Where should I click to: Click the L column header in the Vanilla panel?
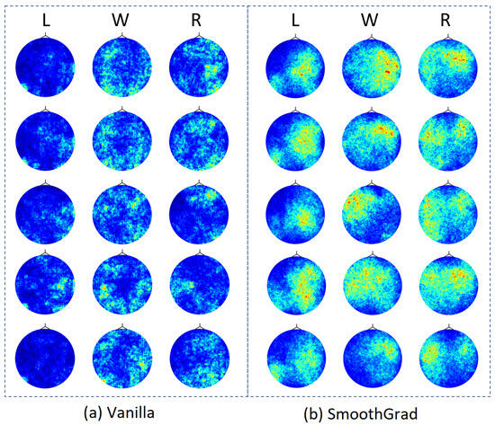coord(43,18)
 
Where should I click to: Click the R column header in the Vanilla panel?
coord(196,18)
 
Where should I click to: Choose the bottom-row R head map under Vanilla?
coord(196,353)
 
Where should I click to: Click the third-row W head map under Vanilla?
coord(120,210)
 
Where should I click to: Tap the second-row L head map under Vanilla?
coord(43,138)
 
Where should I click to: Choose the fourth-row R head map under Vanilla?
coord(196,281)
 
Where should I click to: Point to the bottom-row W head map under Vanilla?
coord(120,353)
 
